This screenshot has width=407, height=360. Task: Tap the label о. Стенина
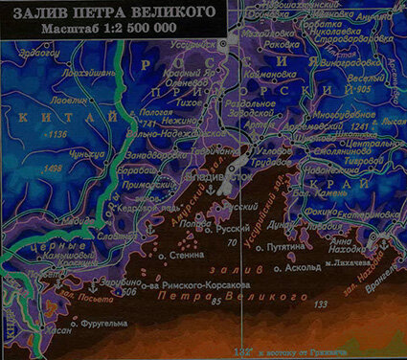pyautogui.click(x=181, y=257)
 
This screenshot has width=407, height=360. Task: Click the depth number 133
pyautogui.click(x=319, y=304)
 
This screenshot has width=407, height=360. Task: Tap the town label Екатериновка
pyautogui.click(x=368, y=215)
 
